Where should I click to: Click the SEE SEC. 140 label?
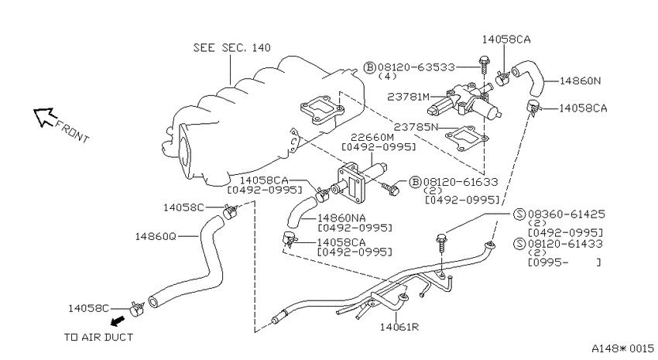231,47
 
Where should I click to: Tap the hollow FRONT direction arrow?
44,116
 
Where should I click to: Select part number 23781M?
408,97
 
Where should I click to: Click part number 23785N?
416,127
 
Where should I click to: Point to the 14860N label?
580,81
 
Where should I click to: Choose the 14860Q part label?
156,236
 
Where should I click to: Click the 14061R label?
399,327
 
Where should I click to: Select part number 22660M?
372,137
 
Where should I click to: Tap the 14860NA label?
341,218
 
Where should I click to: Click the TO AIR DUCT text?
98,337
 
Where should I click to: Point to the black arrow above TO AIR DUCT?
118,321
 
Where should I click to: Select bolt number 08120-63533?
416,67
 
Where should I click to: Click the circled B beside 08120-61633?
415,182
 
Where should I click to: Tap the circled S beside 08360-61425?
519,214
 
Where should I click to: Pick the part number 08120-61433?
565,244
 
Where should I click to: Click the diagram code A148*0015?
622,348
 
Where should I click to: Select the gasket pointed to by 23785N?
467,138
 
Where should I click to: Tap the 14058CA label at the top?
506,39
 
